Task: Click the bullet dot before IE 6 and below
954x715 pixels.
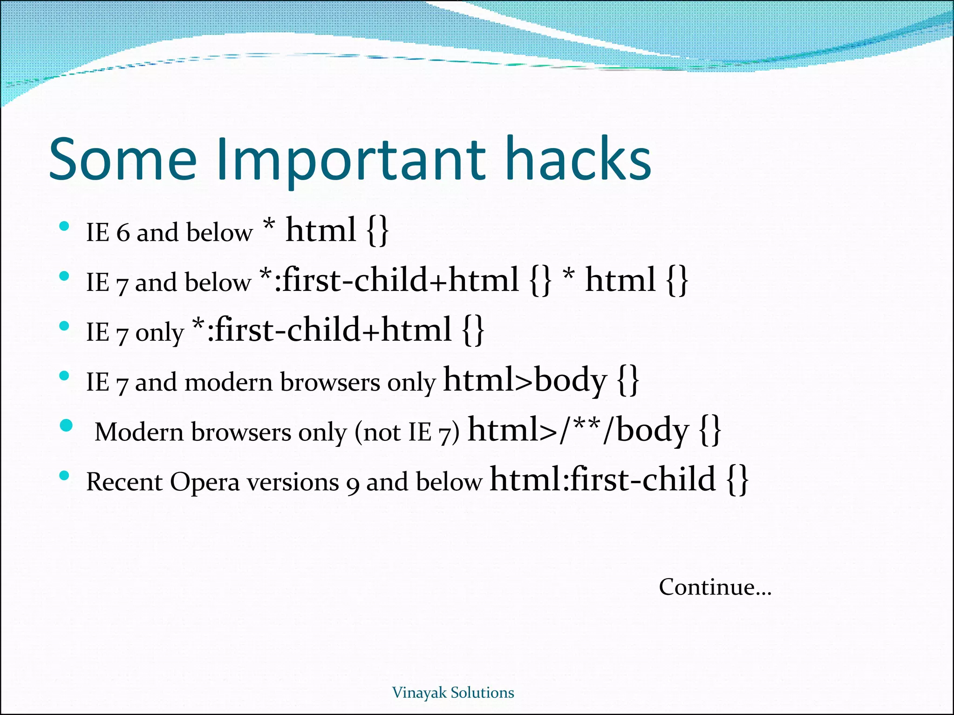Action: [65, 227]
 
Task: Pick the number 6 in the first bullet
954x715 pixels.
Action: [123, 233]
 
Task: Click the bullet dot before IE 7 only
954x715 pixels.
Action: [65, 326]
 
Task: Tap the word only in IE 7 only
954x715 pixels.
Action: [160, 333]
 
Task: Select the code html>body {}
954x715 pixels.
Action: [540, 381]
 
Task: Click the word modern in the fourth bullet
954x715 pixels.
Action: [229, 383]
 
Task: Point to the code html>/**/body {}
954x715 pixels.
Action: [594, 431]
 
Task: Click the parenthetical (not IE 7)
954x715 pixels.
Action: [407, 432]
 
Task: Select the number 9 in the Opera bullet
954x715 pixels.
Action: [353, 484]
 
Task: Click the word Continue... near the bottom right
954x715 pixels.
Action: [715, 587]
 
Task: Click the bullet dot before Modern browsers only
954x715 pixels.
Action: [67, 426]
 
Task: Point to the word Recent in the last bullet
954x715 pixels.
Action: [124, 482]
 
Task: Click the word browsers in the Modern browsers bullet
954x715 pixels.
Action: [241, 432]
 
